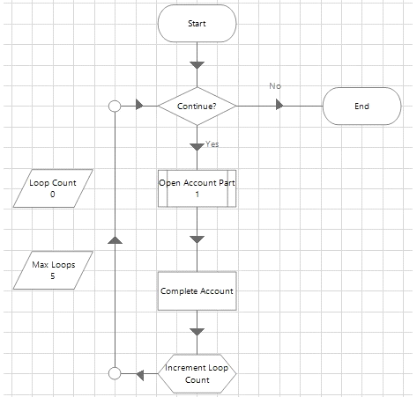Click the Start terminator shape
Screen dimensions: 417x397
pos(197,24)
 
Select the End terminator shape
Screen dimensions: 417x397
pos(361,106)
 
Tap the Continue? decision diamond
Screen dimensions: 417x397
pos(197,106)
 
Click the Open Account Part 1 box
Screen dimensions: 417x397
pos(197,188)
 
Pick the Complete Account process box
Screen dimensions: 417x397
pos(197,291)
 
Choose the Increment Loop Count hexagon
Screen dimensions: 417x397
pos(197,373)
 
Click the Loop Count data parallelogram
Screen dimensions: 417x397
pos(53,188)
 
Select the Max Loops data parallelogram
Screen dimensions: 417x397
pos(53,270)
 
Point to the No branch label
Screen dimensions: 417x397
pos(275,86)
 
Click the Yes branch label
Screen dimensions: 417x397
pos(212,144)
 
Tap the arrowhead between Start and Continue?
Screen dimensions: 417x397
pos(197,65)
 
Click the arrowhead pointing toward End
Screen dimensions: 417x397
pos(279,105)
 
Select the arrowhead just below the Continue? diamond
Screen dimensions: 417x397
pos(197,147)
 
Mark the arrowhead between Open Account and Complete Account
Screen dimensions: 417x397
pos(197,239)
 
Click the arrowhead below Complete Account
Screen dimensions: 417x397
pos(197,332)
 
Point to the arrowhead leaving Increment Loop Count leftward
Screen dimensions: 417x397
pos(140,375)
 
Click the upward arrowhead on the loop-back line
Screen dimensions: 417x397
pos(115,239)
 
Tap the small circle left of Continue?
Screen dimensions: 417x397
pos(115,106)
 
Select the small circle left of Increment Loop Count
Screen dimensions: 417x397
pos(115,373)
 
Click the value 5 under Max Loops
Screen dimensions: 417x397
pos(53,276)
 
